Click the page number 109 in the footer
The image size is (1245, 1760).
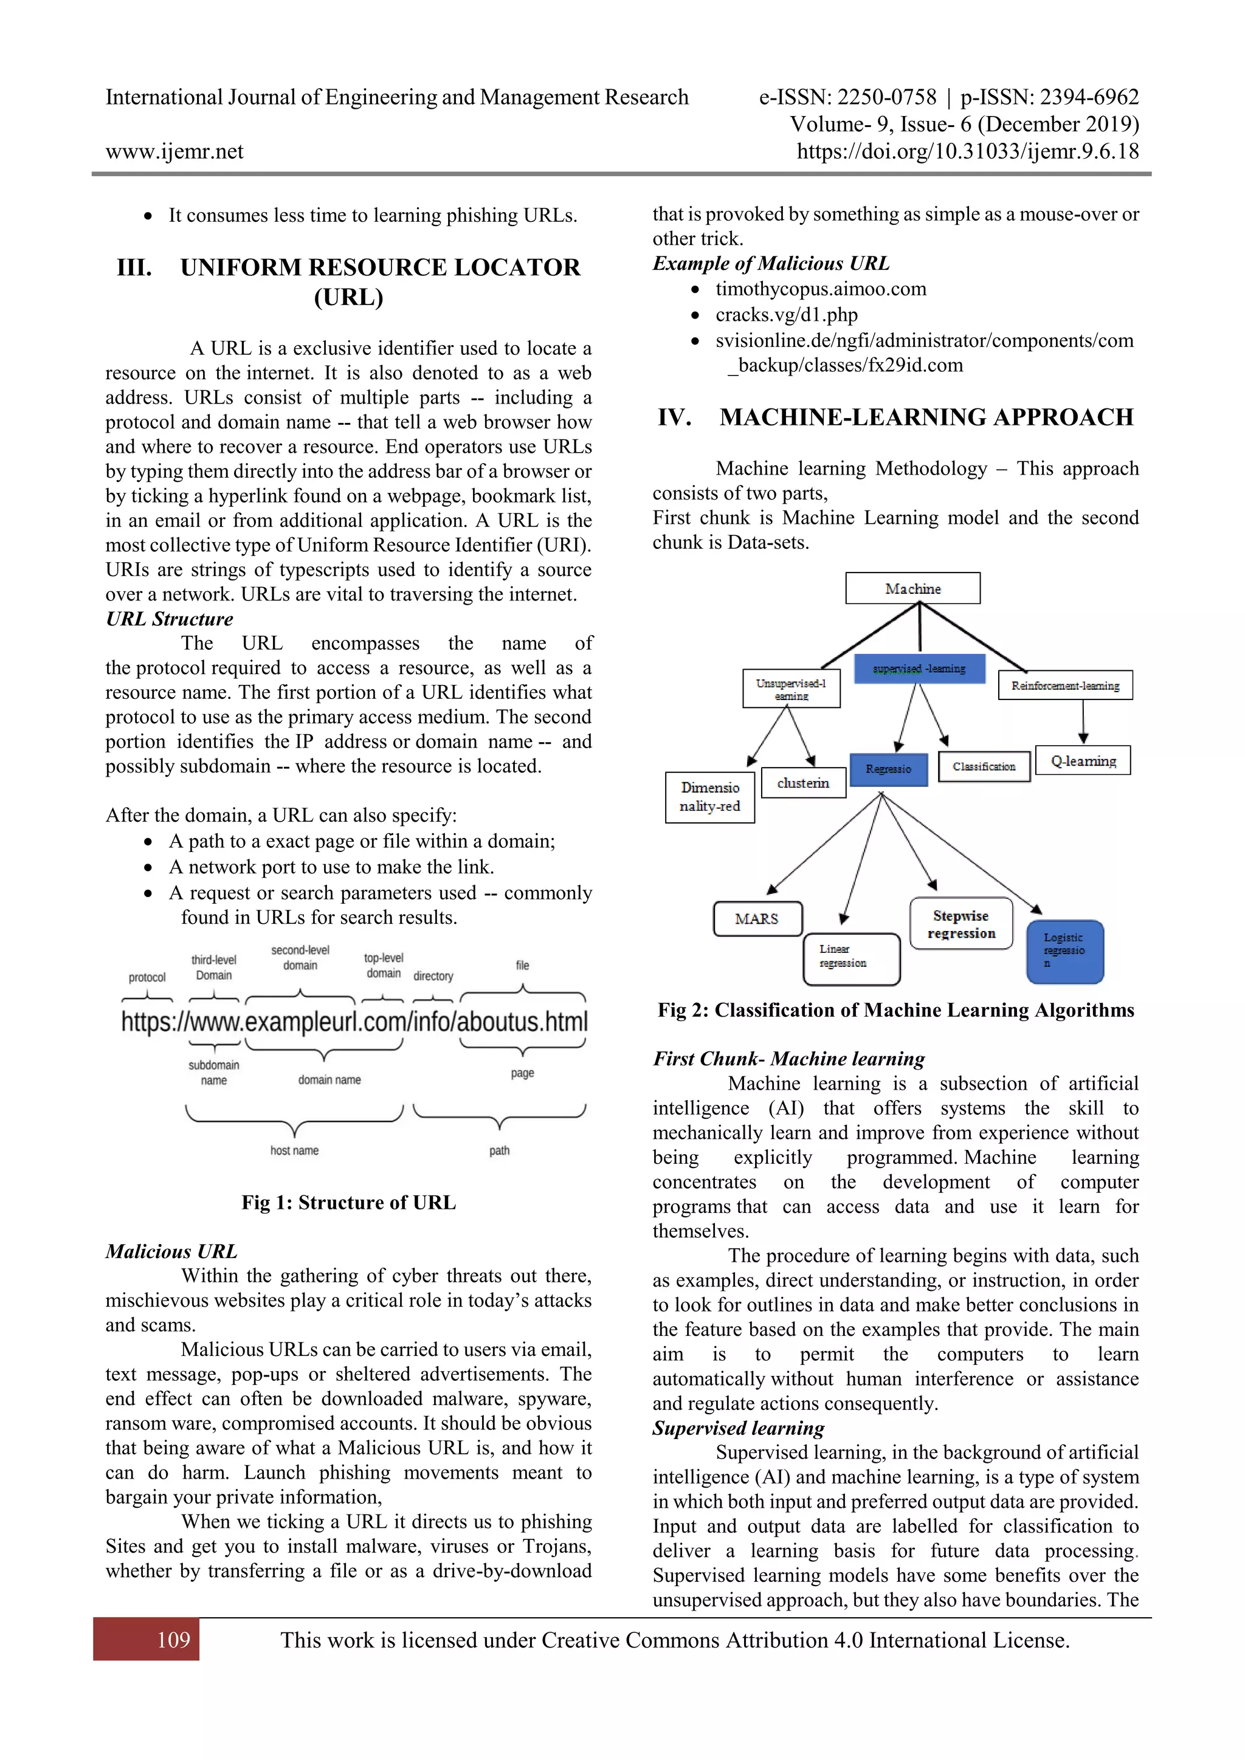tap(173, 1640)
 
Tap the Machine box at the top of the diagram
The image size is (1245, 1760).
tap(912, 588)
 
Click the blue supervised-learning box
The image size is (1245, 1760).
tap(919, 669)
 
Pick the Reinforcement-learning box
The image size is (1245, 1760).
tap(1065, 686)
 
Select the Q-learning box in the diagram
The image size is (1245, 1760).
tap(1083, 760)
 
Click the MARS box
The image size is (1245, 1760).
tap(757, 918)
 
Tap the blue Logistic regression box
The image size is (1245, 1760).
tap(1065, 951)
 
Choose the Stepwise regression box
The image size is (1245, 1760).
tap(960, 924)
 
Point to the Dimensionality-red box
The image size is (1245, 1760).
tap(710, 797)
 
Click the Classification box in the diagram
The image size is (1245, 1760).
tap(984, 766)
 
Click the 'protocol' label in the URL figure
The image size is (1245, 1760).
tap(147, 977)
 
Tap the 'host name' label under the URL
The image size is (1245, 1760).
tap(294, 1150)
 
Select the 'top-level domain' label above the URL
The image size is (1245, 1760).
tap(384, 965)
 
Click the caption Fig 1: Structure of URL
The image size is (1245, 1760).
tap(348, 1202)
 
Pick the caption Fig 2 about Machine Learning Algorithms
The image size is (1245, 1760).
tap(895, 1009)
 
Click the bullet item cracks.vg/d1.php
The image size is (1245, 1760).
tap(786, 314)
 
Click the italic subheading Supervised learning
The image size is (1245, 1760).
tap(738, 1428)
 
